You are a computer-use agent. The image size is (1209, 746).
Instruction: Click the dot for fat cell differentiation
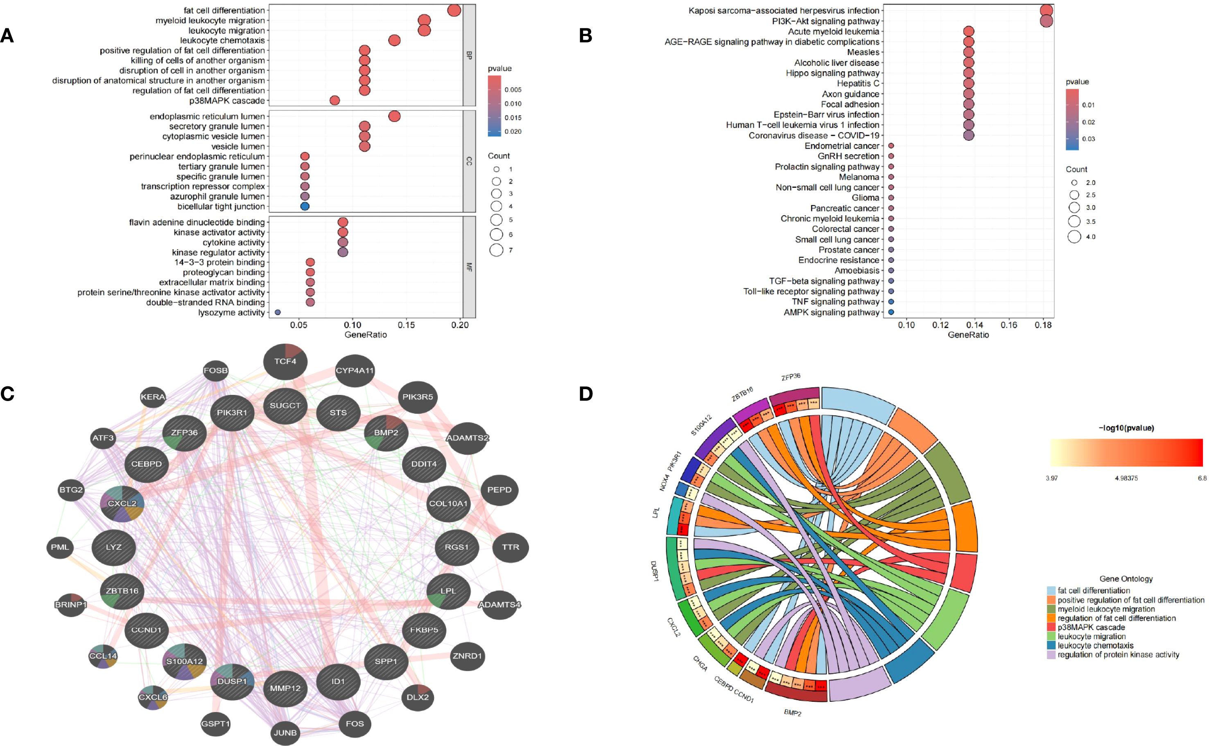[454, 10]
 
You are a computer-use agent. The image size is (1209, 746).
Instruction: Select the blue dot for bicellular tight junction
[305, 206]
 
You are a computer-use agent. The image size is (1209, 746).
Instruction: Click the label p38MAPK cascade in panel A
[227, 101]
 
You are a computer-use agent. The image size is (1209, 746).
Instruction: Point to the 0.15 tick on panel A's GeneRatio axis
[406, 326]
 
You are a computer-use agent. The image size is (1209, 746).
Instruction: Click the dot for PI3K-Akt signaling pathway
[1046, 21]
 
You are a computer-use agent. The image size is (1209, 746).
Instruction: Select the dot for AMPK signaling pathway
[891, 312]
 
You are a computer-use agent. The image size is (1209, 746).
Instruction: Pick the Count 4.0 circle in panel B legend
[1074, 237]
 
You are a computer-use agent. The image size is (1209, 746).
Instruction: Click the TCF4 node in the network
[285, 362]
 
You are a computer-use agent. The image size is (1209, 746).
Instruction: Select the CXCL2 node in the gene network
[122, 504]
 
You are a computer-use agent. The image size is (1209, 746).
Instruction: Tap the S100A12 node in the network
[184, 662]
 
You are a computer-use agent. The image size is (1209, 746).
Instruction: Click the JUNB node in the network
[285, 732]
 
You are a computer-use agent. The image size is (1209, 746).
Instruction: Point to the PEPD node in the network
[499, 490]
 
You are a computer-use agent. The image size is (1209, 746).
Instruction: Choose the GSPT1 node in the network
[216, 724]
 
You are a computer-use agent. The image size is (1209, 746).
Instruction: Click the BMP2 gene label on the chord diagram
[792, 713]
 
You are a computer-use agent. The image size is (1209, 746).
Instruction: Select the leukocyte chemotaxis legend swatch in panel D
[1051, 645]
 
